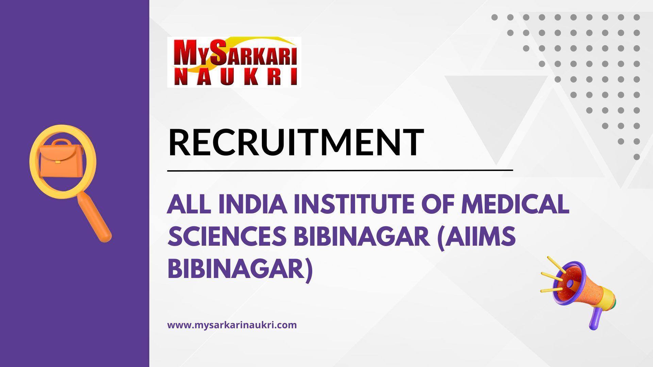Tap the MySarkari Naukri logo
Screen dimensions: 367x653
click(x=234, y=62)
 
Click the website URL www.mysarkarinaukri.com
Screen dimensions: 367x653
click(x=232, y=325)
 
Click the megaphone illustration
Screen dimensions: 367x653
click(x=582, y=292)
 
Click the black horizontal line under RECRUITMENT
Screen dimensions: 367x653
click(x=340, y=170)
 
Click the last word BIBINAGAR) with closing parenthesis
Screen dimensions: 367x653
click(x=240, y=269)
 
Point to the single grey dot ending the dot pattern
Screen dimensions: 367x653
click(x=637, y=157)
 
